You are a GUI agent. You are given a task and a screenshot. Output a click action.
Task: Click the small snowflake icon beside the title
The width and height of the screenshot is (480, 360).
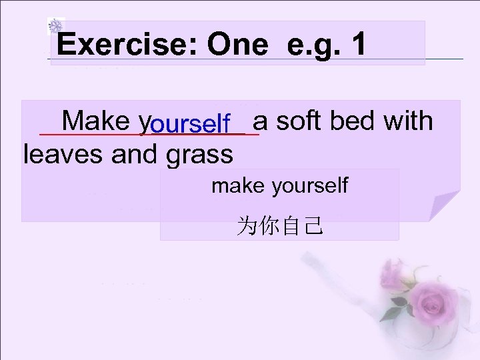pos(56,27)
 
